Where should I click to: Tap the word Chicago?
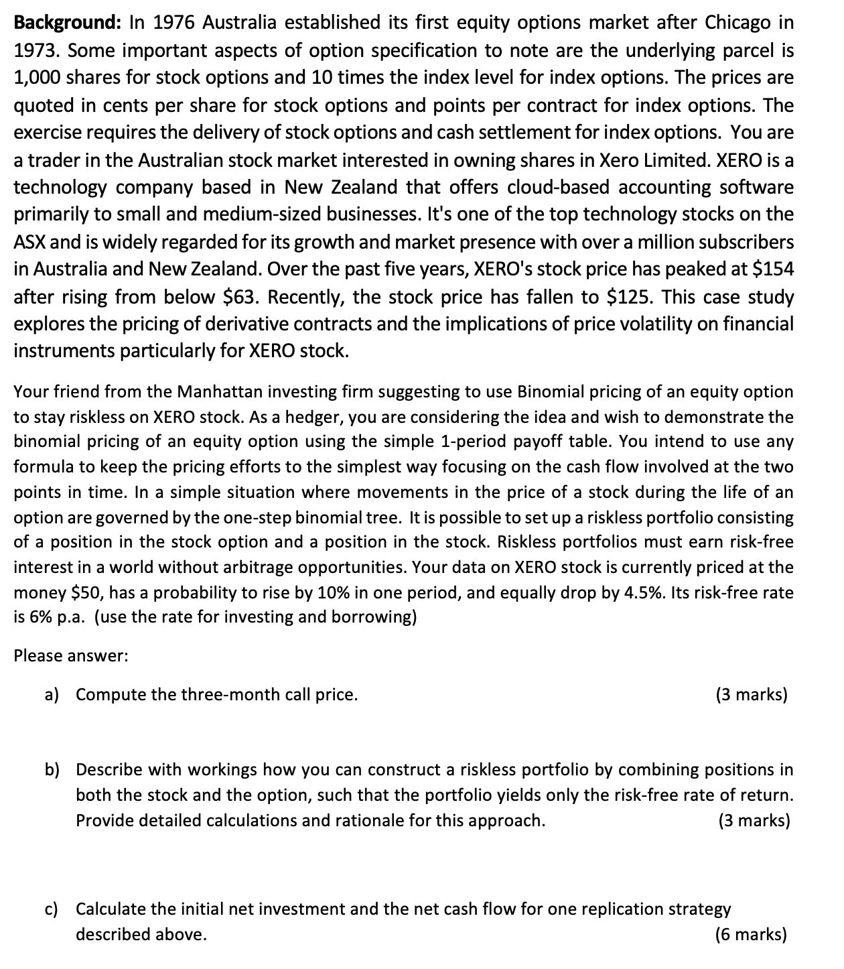point(737,23)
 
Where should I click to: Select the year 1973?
point(36,50)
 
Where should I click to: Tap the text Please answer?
point(70,656)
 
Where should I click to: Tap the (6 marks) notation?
point(751,935)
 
